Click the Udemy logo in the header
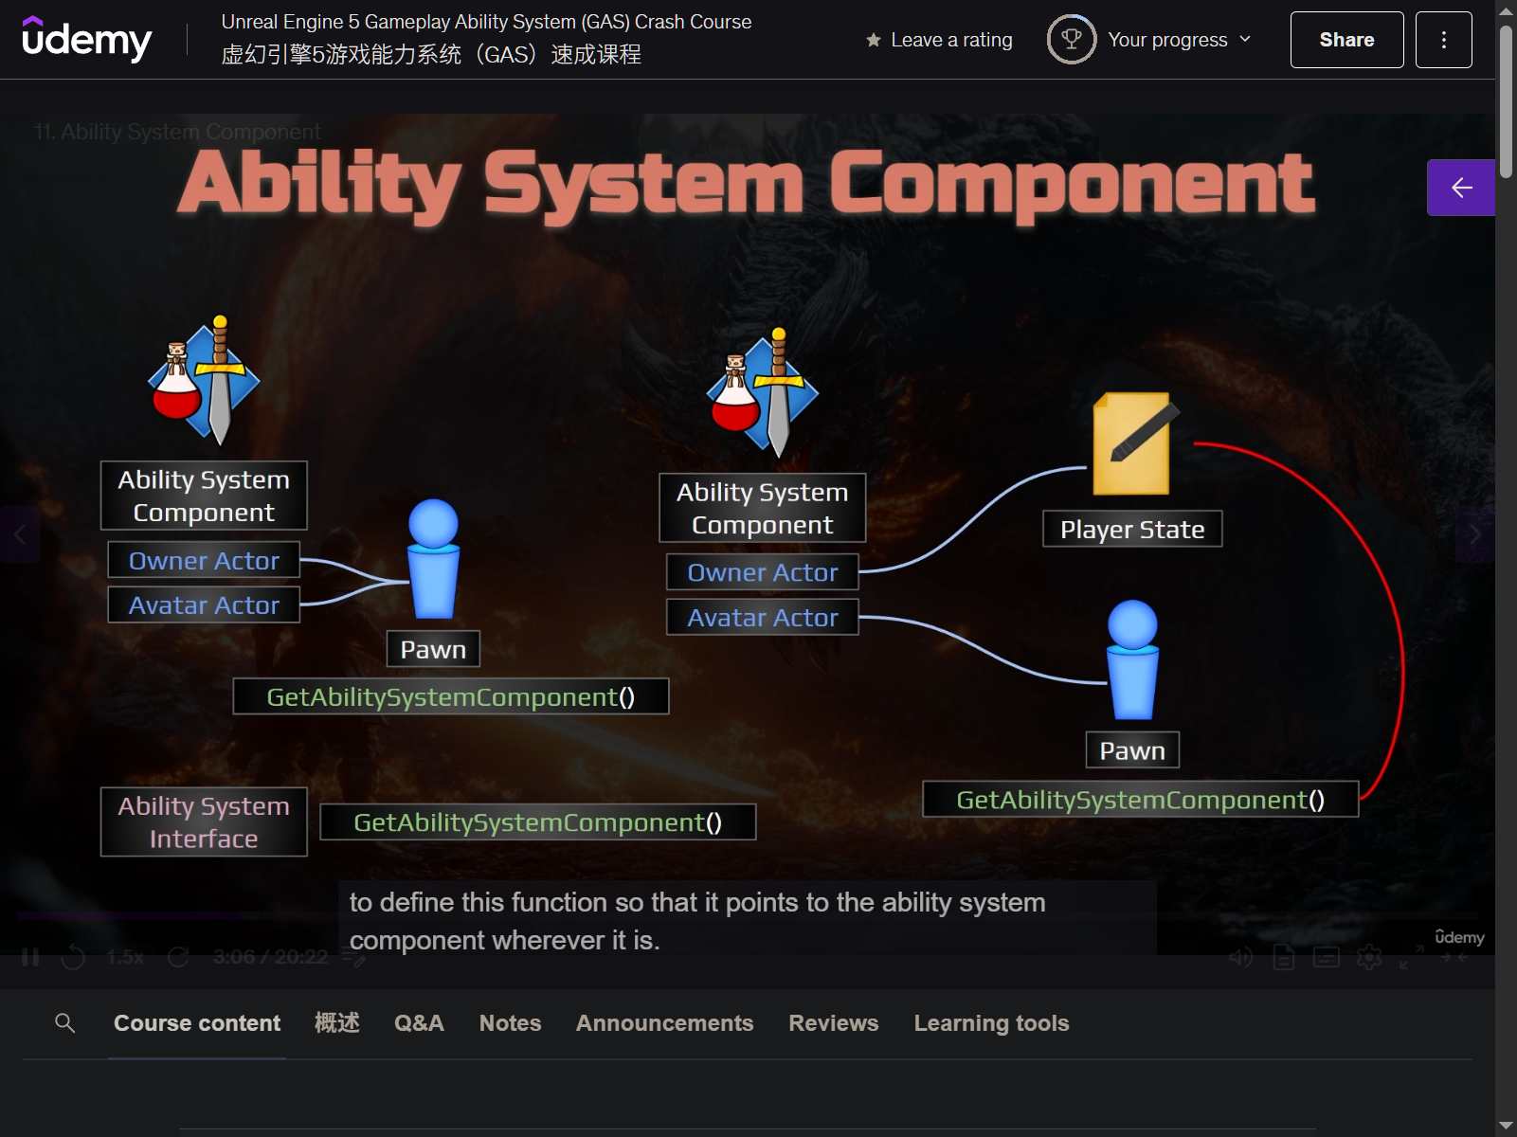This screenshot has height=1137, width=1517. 86,40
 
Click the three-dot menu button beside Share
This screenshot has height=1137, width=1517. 1443,40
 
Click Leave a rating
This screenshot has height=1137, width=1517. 939,40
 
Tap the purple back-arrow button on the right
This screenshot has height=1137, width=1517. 1460,188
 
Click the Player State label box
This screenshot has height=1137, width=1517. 1132,529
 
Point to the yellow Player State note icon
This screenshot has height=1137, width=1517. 1132,443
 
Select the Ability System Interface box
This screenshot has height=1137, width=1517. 204,821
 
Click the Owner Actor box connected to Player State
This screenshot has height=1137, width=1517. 762,572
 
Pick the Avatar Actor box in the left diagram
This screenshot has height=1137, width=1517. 204,605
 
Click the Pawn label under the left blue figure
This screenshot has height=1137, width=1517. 433,649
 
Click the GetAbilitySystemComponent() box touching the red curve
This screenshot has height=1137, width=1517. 1140,800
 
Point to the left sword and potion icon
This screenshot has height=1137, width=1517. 204,382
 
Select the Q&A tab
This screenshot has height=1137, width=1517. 419,1023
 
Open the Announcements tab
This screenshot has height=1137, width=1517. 664,1023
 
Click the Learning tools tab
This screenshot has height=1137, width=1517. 991,1023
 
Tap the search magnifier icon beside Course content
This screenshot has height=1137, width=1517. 65,1023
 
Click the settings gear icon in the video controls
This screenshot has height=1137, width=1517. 1368,958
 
